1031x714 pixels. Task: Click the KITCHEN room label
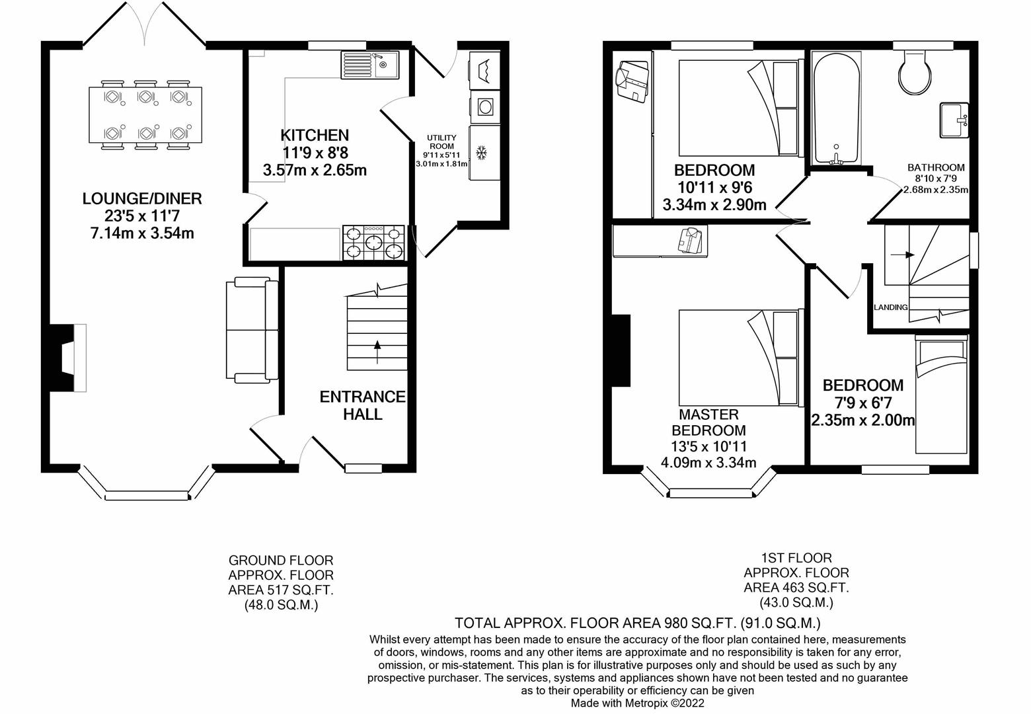[x=315, y=136]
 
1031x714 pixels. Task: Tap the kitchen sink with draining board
[x=369, y=65]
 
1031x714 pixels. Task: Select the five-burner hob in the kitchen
[x=373, y=242]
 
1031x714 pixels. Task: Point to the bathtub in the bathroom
[x=836, y=109]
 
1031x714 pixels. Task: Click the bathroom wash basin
[x=954, y=120]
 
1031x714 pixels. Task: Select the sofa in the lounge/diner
[x=252, y=329]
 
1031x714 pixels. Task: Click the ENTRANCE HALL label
[x=362, y=405]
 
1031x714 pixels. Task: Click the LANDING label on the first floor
[x=890, y=307]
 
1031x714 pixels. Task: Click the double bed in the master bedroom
[x=739, y=357]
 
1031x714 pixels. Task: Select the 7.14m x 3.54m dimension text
[x=141, y=233]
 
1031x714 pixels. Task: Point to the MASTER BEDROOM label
[x=708, y=422]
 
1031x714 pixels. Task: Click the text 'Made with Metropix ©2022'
[x=637, y=703]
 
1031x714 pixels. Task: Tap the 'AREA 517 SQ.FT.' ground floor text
[x=281, y=590]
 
